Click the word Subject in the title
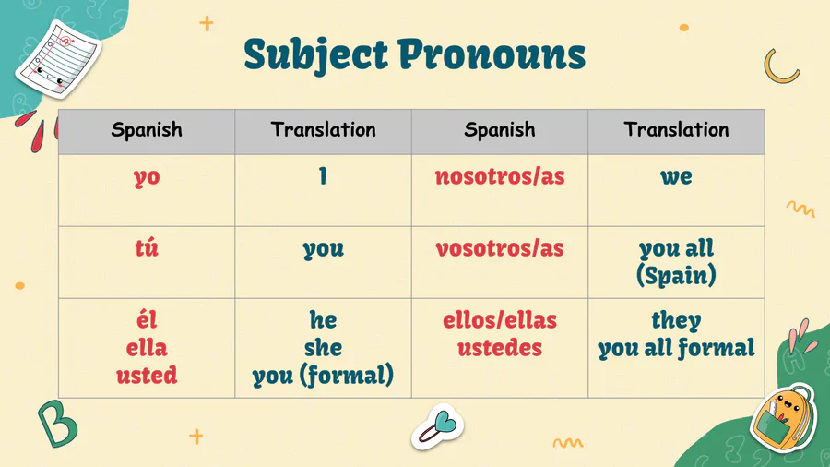click(316, 55)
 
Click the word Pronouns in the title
click(492, 54)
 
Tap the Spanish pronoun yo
click(147, 178)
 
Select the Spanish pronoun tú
click(147, 247)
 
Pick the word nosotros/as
click(500, 176)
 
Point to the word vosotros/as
click(500, 248)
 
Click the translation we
click(676, 177)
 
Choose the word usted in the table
click(147, 375)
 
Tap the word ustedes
click(500, 348)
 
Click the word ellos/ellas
click(500, 320)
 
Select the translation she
click(323, 348)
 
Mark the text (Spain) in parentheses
click(676, 275)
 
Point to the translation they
click(676, 321)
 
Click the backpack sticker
click(783, 418)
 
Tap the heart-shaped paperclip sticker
click(438, 427)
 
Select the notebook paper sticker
click(58, 58)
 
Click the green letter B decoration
click(58, 423)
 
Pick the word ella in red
click(147, 348)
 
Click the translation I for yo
click(323, 175)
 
